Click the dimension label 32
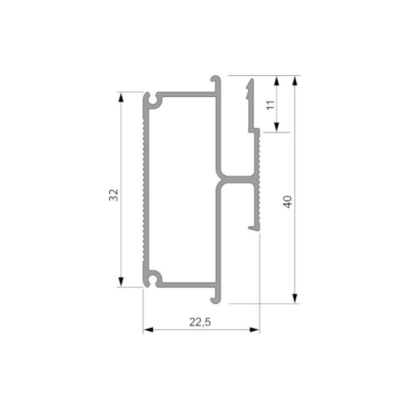[x=113, y=195]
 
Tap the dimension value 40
[x=288, y=202]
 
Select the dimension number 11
[x=271, y=105]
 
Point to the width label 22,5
[x=200, y=322]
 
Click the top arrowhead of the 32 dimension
[x=121, y=97]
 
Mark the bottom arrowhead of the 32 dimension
[x=121, y=282]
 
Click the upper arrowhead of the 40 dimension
[x=295, y=81]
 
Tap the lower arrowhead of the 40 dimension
[x=295, y=299]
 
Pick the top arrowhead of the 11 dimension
[x=277, y=81]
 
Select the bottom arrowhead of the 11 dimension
[x=277, y=127]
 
